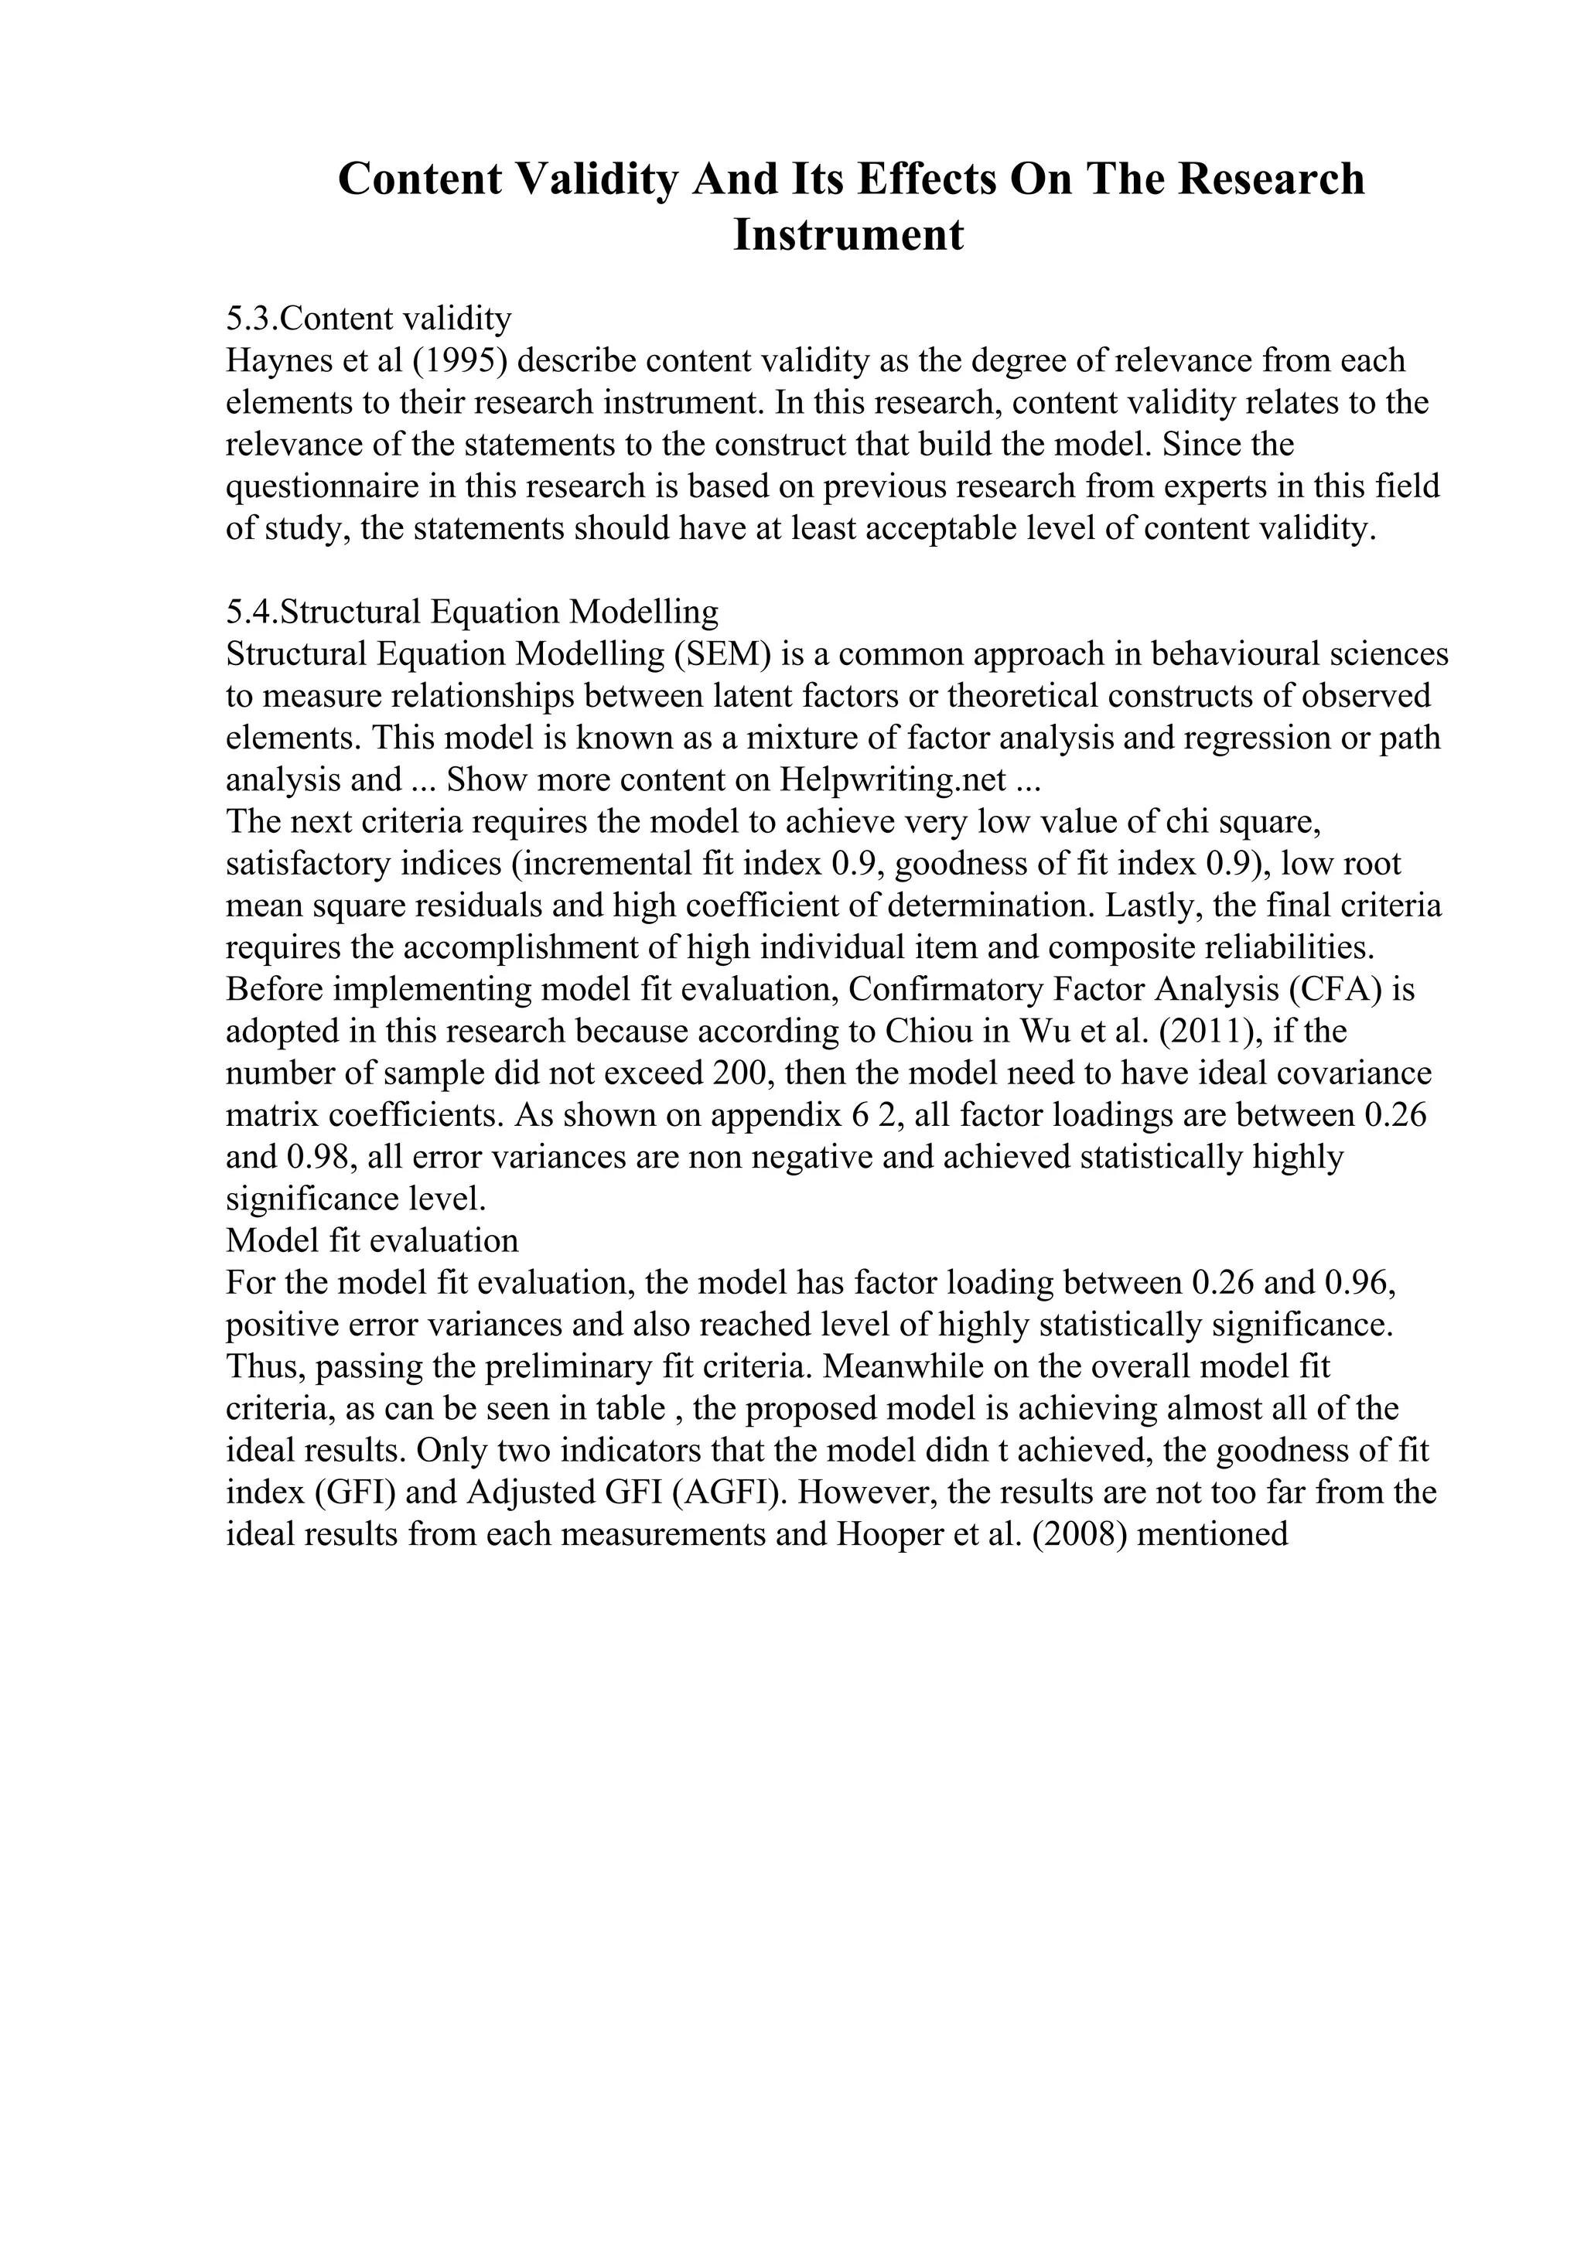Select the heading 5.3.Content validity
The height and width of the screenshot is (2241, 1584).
tap(369, 318)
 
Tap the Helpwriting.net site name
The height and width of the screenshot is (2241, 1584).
tap(892, 779)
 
